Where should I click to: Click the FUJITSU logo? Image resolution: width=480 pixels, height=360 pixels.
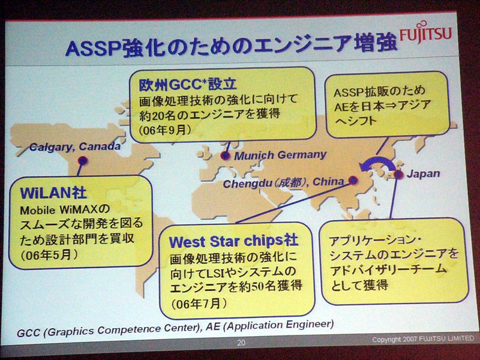click(426, 32)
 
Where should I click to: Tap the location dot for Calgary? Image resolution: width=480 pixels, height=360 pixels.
click(83, 160)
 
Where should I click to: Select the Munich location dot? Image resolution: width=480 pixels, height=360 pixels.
click(226, 156)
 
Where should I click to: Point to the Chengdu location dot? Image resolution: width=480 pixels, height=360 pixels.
click(353, 180)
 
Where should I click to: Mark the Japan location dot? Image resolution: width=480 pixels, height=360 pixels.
click(398, 175)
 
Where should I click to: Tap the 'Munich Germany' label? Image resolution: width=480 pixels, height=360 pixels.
click(280, 155)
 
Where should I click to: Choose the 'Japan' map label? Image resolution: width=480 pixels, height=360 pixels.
click(424, 174)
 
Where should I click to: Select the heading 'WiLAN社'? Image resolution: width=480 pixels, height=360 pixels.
click(53, 193)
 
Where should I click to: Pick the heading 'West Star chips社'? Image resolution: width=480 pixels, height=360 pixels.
click(233, 241)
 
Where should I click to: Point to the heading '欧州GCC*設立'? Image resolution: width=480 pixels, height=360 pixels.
click(188, 85)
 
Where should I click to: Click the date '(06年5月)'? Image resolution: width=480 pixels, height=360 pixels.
click(49, 254)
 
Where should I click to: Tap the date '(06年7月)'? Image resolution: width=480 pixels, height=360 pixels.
click(199, 304)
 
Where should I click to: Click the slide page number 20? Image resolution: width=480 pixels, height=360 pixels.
click(241, 343)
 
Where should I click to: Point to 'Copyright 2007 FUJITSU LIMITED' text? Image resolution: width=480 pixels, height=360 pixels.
click(423, 339)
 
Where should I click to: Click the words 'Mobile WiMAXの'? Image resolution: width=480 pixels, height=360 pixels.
click(65, 209)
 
